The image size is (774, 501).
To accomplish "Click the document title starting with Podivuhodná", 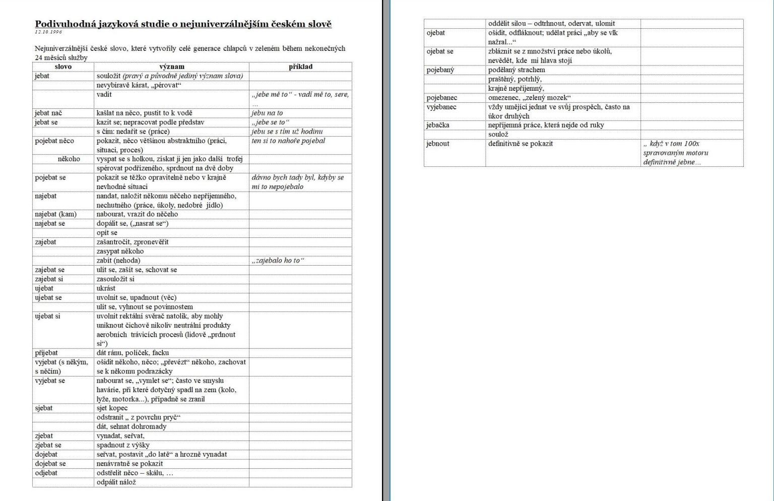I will click(x=183, y=24).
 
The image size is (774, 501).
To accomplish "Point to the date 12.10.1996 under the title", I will click(x=48, y=32).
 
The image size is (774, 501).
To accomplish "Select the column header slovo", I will click(x=63, y=67).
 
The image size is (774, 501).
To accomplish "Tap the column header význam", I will click(x=172, y=67).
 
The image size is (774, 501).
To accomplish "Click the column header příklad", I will click(x=300, y=67).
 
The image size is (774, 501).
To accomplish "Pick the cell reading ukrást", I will click(x=106, y=288).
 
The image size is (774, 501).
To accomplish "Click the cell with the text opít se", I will click(x=107, y=233).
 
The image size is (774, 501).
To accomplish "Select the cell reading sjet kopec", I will click(x=112, y=408).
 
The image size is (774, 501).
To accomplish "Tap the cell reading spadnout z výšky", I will click(x=123, y=445).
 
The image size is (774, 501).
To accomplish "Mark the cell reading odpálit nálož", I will click(x=116, y=482).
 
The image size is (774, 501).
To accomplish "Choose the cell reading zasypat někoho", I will click(x=120, y=251).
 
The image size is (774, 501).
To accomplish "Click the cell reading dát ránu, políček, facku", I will click(x=133, y=353).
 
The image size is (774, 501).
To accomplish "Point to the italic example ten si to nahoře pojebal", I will click(x=288, y=141).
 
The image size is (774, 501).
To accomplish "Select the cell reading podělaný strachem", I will click(x=517, y=70).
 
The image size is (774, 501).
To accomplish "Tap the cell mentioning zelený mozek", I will click(x=529, y=98).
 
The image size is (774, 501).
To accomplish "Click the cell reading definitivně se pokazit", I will click(x=521, y=144).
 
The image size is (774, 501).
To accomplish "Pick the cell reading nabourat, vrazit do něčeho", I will click(x=137, y=214).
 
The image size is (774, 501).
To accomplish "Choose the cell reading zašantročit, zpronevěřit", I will click(x=133, y=242).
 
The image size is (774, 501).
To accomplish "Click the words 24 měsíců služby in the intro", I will click(x=61, y=57).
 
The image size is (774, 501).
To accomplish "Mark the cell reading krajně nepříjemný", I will click(x=516, y=88).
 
